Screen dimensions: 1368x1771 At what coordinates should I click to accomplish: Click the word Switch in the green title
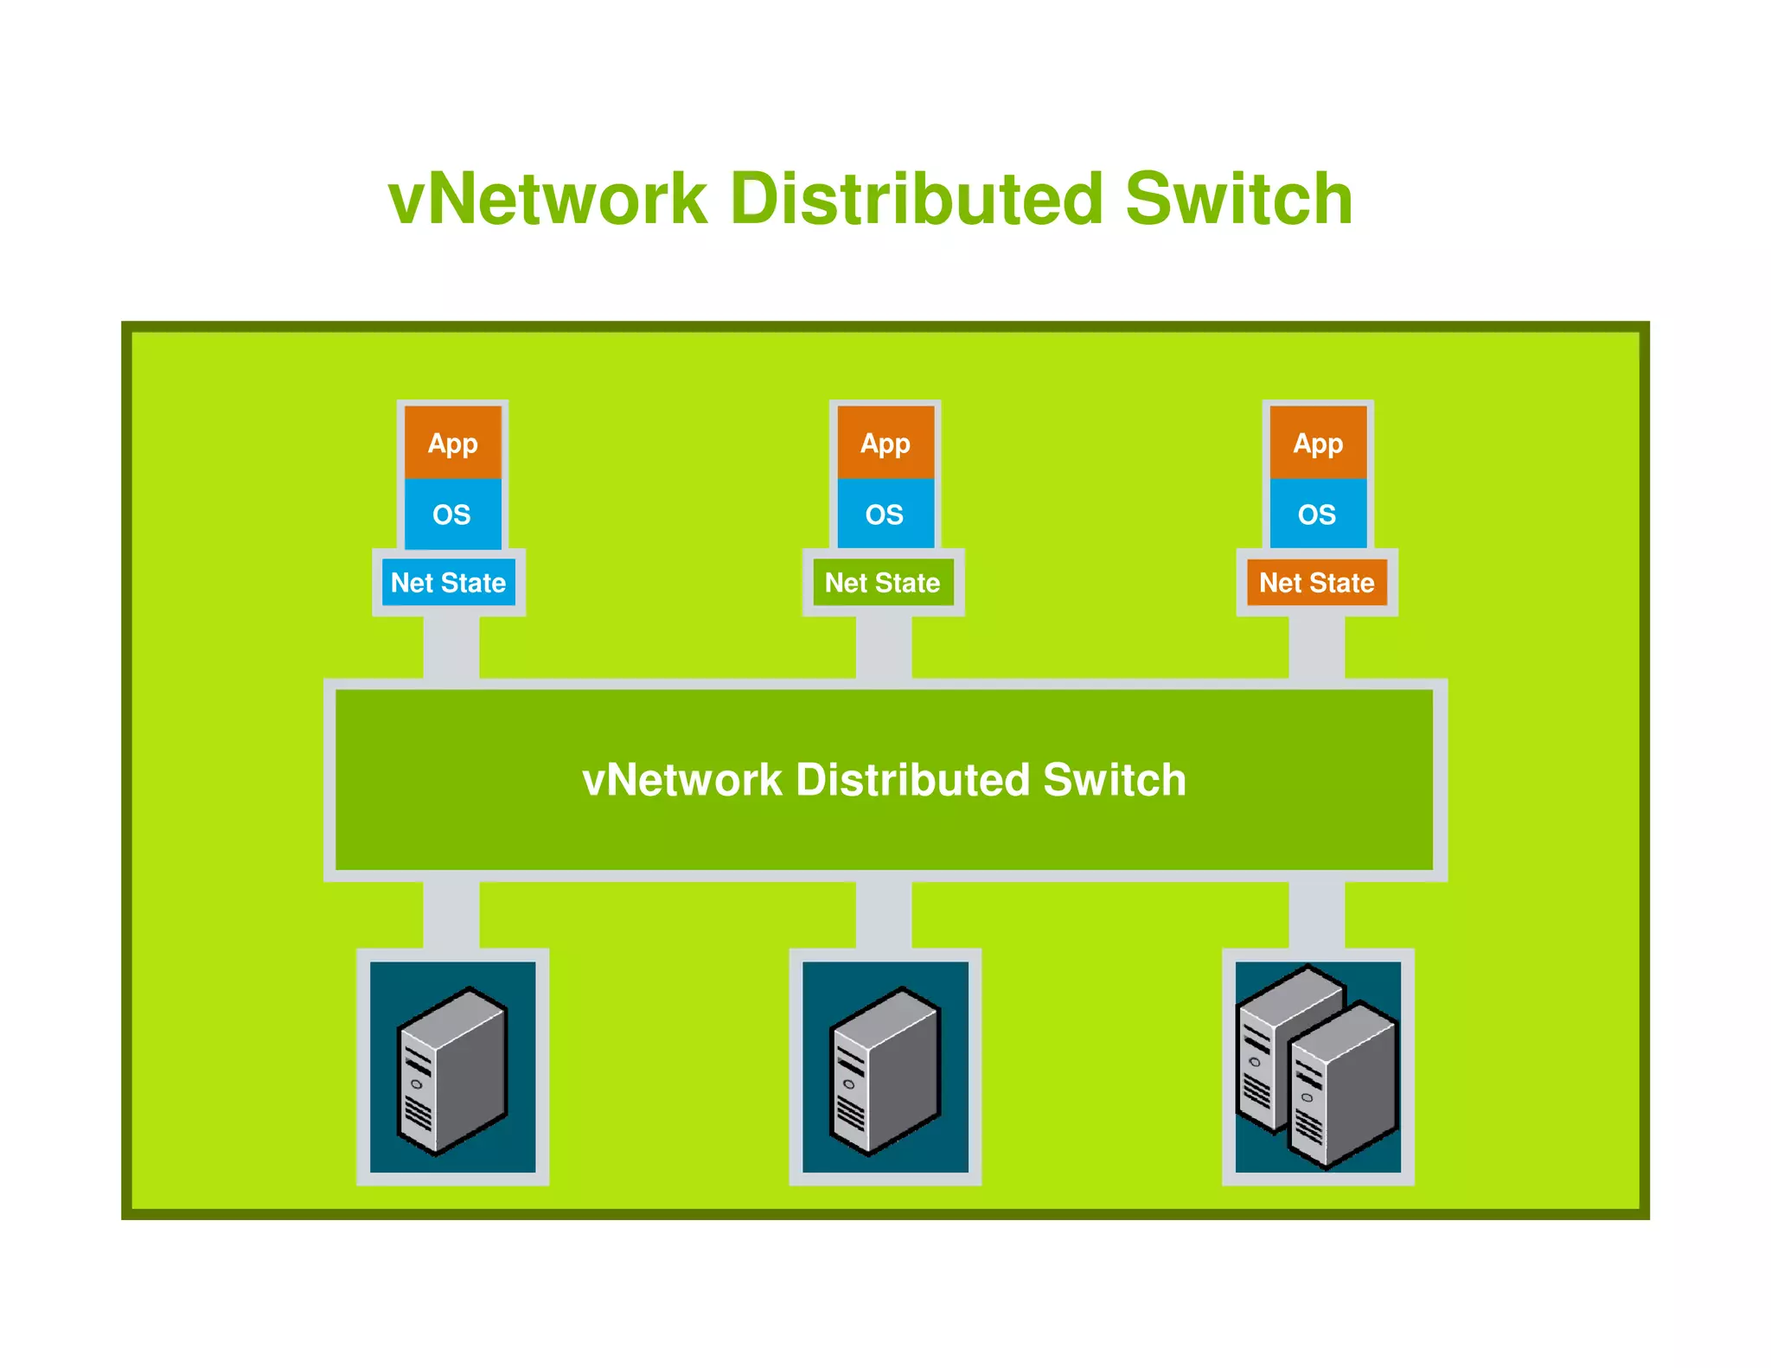[1238, 200]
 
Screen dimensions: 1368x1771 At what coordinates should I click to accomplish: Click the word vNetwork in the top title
[547, 200]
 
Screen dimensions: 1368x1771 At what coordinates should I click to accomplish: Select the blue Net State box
[448, 583]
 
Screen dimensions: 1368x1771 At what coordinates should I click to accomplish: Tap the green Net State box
[882, 583]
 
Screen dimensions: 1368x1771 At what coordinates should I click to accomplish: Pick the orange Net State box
[1316, 583]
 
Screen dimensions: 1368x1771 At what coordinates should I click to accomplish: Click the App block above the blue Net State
[452, 443]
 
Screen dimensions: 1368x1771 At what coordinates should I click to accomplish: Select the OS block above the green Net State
[885, 515]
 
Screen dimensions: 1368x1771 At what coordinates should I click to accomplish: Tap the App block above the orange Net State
[1318, 443]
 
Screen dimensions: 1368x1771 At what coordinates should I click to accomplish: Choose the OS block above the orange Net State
[1317, 515]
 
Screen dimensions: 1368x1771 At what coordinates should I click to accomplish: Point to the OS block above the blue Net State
[451, 515]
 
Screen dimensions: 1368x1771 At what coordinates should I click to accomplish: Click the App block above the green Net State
[885, 443]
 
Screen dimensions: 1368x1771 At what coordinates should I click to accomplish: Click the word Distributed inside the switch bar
[912, 780]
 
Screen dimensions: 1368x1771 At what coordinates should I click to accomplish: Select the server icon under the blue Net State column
[452, 1070]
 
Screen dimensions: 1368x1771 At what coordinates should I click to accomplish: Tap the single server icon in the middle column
[885, 1070]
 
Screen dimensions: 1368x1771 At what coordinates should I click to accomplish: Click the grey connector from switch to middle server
[883, 915]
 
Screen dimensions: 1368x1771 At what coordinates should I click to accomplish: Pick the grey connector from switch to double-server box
[1316, 915]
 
